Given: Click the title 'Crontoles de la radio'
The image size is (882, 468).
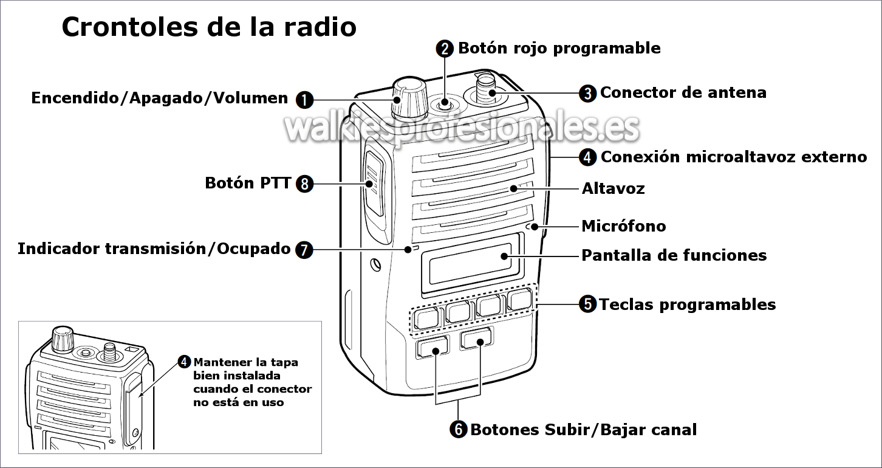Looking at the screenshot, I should (x=209, y=27).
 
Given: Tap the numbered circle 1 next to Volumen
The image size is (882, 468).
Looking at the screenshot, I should (x=304, y=99).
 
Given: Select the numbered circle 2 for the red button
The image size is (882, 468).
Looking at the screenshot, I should (x=445, y=49).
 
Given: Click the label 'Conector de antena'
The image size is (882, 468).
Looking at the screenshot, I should (x=683, y=93).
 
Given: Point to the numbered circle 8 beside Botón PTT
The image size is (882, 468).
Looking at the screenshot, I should (x=304, y=183).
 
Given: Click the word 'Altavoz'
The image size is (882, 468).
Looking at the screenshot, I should (x=613, y=188).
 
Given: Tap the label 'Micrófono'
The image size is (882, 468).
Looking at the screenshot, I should (x=624, y=227).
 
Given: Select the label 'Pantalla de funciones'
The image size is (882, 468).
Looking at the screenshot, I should (x=674, y=255).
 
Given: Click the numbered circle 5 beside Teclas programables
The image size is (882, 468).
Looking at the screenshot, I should (x=587, y=304).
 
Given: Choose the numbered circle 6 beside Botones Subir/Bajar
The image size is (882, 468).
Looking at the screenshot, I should (x=459, y=430).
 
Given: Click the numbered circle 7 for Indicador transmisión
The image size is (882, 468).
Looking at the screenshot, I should (x=304, y=249).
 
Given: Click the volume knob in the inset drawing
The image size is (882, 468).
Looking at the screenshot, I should (x=61, y=339).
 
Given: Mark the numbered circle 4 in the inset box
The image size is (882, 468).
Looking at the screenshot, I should (x=185, y=362).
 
